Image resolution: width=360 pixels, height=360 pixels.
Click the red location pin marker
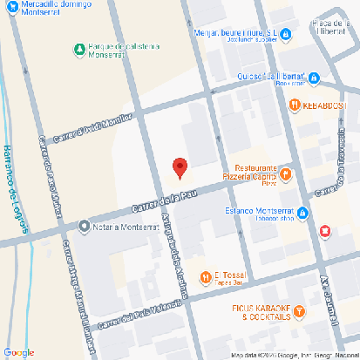180,167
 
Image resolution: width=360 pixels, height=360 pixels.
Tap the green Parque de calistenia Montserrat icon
79,48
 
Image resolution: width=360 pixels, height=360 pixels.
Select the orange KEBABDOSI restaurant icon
295,105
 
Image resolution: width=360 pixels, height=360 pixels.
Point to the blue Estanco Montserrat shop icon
302,213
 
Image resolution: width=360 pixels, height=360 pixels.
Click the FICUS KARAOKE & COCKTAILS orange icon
299,310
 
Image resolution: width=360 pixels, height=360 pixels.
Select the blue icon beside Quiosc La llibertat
313,78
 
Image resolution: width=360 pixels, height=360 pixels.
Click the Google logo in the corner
18,352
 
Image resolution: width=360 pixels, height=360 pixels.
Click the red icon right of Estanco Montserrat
326,231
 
